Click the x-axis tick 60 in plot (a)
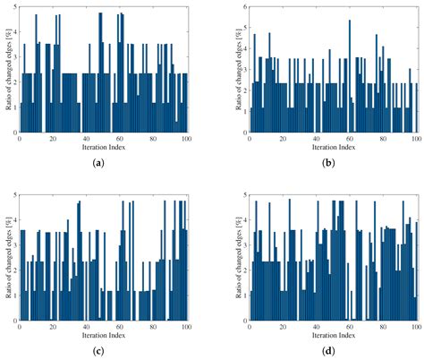click(x=121, y=138)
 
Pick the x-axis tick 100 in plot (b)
click(x=417, y=138)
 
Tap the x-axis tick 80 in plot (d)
click(x=384, y=327)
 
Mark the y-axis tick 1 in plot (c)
click(x=13, y=296)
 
